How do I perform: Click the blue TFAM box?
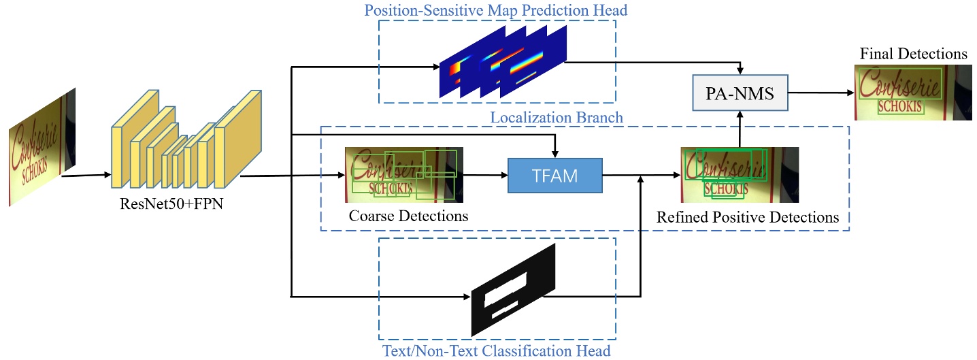click(x=554, y=176)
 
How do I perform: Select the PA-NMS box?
click(x=740, y=93)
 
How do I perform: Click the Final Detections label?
click(x=913, y=54)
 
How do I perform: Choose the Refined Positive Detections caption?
click(x=747, y=218)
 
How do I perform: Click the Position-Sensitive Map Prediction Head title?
click(x=495, y=11)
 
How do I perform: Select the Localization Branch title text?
click(x=556, y=118)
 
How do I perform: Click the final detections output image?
click(x=912, y=93)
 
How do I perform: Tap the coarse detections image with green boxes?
click(x=403, y=175)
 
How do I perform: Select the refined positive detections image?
click(x=739, y=175)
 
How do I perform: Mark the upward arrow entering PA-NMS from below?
click(x=740, y=129)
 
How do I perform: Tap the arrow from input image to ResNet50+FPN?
click(x=86, y=176)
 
